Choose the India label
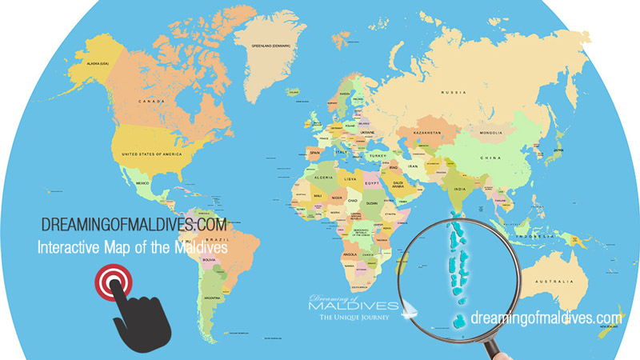(x=462, y=188)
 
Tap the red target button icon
(x=110, y=281)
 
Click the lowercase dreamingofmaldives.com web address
(x=547, y=318)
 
